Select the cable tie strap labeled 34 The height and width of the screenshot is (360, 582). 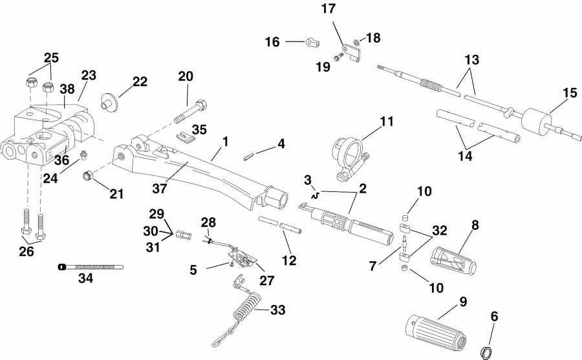[91, 266]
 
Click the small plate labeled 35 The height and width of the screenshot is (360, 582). [186, 136]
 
